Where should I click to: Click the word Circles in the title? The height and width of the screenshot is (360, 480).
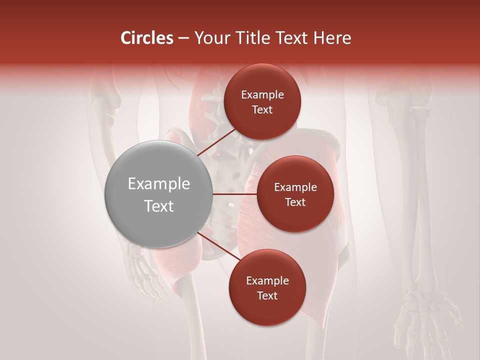coord(147,38)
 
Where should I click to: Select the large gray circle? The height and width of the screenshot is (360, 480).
coord(158,194)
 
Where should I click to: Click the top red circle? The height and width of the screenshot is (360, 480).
coord(262,101)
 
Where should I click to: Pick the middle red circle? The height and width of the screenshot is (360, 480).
coord(295,194)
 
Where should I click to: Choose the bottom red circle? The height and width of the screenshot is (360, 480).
coord(267,287)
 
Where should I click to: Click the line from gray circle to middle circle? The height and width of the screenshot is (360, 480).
coord(234,194)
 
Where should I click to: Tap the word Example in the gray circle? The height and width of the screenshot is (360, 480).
coord(159,183)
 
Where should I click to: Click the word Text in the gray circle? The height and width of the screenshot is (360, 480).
coord(159,205)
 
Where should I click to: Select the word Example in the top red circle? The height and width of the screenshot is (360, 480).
coord(262,94)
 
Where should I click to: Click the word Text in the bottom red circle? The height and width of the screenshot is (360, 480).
coord(267,295)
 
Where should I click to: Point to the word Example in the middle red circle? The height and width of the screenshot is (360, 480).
coord(295,187)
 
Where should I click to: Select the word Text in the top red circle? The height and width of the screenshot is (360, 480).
coord(262,109)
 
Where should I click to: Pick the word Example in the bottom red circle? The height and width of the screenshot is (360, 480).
coord(267,280)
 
